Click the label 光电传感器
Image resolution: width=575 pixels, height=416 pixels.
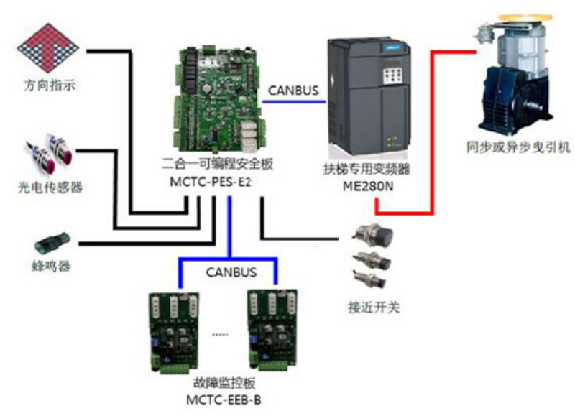pos(50,188)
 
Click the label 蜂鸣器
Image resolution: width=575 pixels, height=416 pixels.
pos(50,267)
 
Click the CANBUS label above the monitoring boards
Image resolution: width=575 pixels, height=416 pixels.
pos(229,273)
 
